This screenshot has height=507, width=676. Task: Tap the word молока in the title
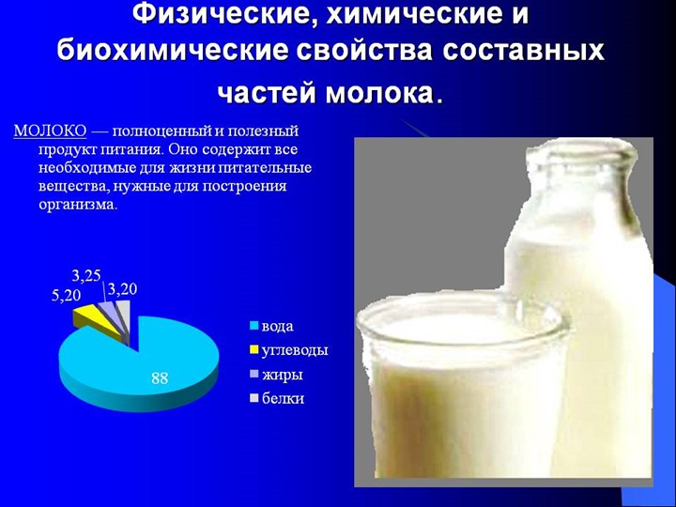[x=379, y=94]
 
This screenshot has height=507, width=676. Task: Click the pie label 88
[x=160, y=378]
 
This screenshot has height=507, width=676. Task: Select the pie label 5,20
[x=66, y=296]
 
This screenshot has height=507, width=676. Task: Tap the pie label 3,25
[x=86, y=275]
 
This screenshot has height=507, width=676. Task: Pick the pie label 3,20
[x=123, y=289]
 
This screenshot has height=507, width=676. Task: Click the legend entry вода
[x=277, y=326]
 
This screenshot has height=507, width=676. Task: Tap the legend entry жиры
[x=282, y=375]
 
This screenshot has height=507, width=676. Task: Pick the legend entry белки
[x=283, y=398]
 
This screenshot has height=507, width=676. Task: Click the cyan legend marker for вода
[x=253, y=327]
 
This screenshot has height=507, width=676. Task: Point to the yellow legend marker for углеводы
[x=253, y=351]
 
